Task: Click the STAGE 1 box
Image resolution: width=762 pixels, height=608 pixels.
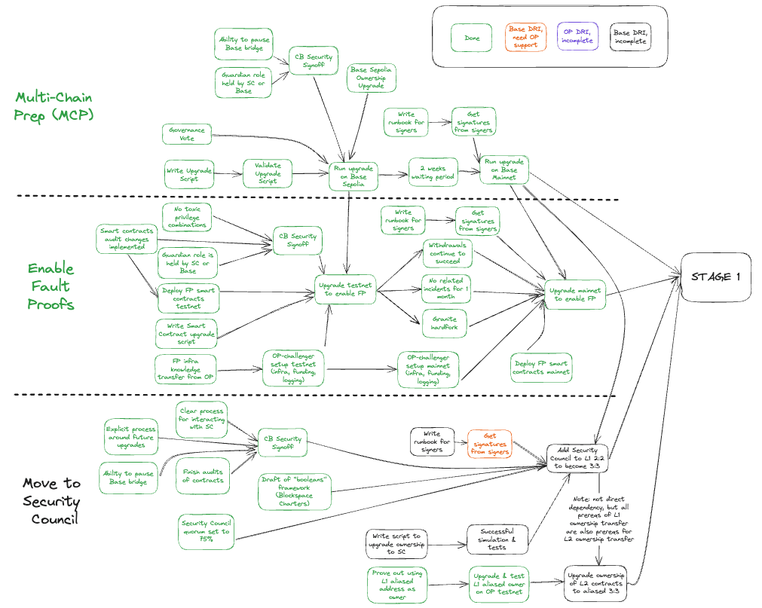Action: click(x=716, y=277)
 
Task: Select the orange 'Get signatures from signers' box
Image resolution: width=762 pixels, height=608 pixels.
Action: click(x=489, y=443)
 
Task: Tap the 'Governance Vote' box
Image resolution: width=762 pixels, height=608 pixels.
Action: click(x=186, y=134)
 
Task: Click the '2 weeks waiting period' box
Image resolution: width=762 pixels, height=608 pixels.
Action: click(x=433, y=173)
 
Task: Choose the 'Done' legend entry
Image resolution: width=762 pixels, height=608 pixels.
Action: click(x=472, y=38)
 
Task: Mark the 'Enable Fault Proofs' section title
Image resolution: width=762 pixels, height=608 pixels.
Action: click(x=50, y=286)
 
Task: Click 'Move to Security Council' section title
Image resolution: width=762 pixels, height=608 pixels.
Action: click(x=50, y=501)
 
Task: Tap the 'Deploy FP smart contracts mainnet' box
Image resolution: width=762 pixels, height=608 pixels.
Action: click(x=541, y=367)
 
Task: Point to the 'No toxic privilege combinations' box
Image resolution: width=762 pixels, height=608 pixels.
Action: click(x=187, y=217)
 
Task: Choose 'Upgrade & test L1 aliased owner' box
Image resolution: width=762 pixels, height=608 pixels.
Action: click(x=498, y=583)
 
